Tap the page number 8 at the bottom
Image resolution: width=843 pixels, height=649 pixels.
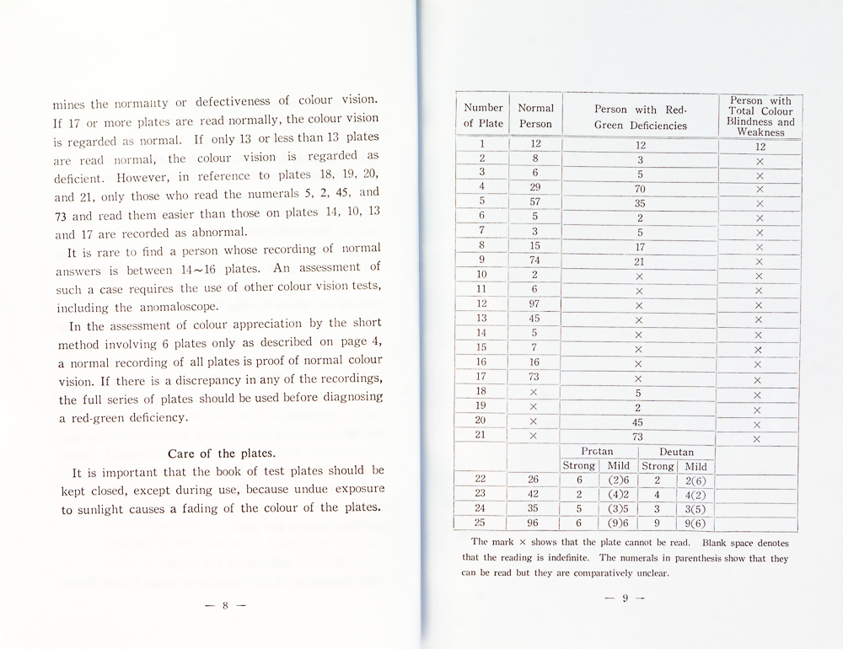pyautogui.click(x=225, y=604)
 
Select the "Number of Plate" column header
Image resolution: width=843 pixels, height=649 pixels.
pyautogui.click(x=483, y=115)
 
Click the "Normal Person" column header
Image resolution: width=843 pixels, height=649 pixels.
pyautogui.click(x=535, y=115)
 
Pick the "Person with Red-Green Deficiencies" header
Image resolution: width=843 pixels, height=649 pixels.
pyautogui.click(x=641, y=117)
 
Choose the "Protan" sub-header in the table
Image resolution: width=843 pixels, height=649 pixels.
pyautogui.click(x=597, y=452)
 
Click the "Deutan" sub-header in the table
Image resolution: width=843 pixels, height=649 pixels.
pyautogui.click(x=676, y=452)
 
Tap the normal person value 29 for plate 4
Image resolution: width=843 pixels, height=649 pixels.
pyautogui.click(x=534, y=187)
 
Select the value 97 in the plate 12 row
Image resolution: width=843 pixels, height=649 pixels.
pyautogui.click(x=534, y=303)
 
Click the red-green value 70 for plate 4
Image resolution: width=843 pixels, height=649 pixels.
pyautogui.click(x=640, y=189)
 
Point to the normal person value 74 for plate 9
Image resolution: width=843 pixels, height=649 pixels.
pyautogui.click(x=534, y=260)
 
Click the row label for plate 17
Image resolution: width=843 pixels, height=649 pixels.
pyautogui.click(x=482, y=377)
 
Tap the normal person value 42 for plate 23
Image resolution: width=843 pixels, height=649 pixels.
pyautogui.click(x=534, y=494)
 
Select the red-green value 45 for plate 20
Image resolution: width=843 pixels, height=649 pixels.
pyautogui.click(x=638, y=421)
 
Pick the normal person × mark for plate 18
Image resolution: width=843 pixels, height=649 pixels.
pyautogui.click(x=534, y=392)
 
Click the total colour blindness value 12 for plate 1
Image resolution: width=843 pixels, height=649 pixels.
pyautogui.click(x=759, y=147)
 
